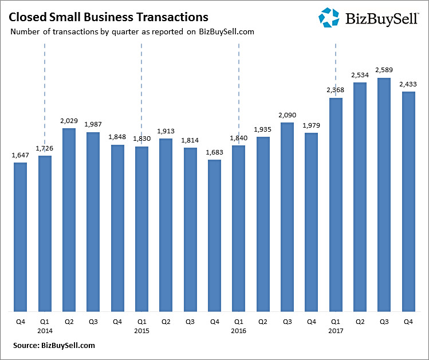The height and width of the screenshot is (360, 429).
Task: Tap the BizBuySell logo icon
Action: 329,18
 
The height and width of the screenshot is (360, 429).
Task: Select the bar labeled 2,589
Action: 384,195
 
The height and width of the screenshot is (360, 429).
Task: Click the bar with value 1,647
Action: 20,237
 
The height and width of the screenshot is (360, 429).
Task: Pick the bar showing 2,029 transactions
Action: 69,220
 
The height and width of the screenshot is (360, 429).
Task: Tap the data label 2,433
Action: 408,84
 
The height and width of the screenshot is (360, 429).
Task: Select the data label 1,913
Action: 166,131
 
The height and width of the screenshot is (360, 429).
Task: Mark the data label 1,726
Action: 45,149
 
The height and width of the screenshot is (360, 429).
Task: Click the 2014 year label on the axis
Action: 45,331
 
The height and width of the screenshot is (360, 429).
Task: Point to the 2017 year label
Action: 336,331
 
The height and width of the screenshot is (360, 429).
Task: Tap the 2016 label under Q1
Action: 238,331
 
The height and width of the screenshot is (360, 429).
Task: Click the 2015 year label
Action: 141,331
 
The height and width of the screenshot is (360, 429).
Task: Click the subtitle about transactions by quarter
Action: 132,32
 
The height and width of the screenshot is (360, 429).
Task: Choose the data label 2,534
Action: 360,75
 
